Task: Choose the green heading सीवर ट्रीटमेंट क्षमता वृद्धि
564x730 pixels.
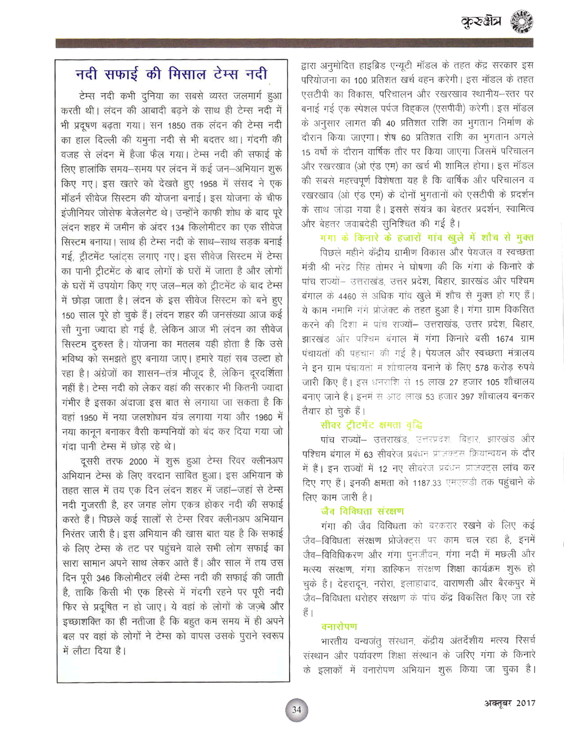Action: point(372,425)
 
